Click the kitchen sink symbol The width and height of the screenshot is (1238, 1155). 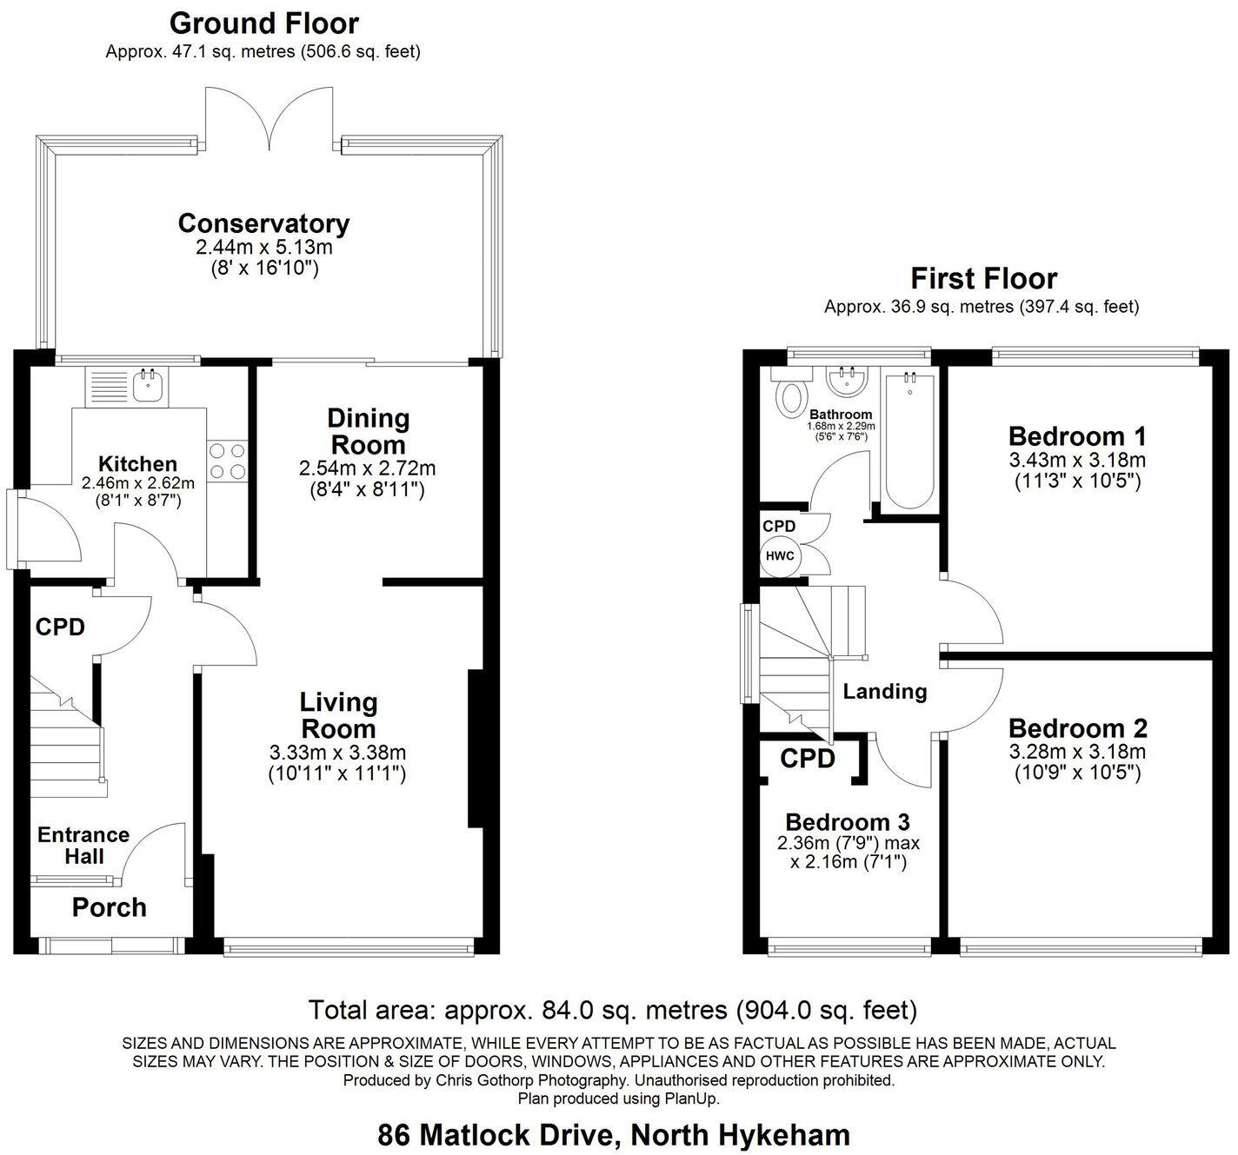tap(150, 384)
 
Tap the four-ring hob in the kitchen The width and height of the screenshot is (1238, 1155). tap(228, 461)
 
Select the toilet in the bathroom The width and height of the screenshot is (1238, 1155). tap(791, 396)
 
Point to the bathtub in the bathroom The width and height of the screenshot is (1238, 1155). tap(909, 441)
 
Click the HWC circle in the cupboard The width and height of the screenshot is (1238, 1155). tap(780, 556)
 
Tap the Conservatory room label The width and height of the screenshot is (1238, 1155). tap(263, 223)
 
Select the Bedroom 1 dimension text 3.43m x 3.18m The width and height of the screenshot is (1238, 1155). tap(1077, 460)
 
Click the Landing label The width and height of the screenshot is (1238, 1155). tap(884, 691)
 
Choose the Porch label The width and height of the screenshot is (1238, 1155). tap(109, 907)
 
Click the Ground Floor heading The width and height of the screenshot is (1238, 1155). tap(263, 23)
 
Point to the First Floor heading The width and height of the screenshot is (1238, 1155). tap(983, 279)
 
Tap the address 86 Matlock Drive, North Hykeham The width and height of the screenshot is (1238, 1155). tap(614, 1135)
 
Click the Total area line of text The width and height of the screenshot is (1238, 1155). tap(614, 1010)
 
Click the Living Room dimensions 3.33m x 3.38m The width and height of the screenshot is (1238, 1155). tap(337, 753)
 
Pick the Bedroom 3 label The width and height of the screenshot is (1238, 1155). tap(847, 821)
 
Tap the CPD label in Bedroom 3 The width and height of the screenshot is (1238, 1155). tap(808, 759)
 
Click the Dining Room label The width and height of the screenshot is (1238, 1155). tap(367, 431)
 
